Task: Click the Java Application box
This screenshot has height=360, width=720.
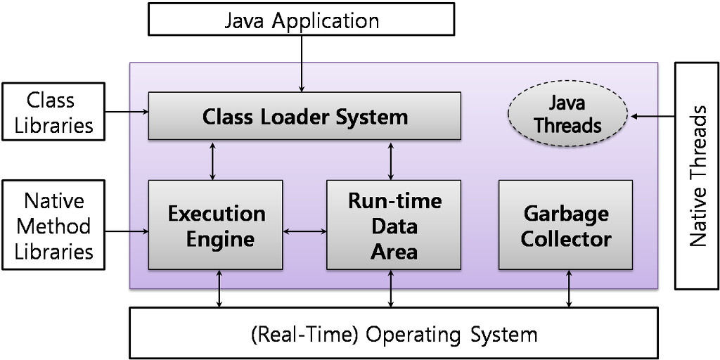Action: click(302, 20)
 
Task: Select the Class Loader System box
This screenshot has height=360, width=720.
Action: click(304, 115)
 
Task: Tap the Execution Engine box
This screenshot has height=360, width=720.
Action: click(216, 225)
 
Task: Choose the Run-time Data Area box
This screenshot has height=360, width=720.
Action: click(394, 225)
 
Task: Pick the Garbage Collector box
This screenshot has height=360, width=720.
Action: click(565, 225)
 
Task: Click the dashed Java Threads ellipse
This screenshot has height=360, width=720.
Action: click(567, 115)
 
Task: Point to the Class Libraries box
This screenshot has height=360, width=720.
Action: click(51, 112)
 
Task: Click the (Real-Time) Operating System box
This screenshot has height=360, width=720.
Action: click(394, 333)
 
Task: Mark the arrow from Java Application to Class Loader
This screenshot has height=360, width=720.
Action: click(302, 77)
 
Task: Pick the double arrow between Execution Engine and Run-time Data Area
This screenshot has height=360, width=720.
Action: click(304, 230)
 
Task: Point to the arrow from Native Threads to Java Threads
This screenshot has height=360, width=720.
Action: click(645, 115)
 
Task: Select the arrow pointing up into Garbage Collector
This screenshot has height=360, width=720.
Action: click(569, 280)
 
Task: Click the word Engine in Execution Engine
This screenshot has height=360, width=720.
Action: click(220, 239)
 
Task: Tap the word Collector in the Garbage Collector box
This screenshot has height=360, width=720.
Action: click(566, 238)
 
